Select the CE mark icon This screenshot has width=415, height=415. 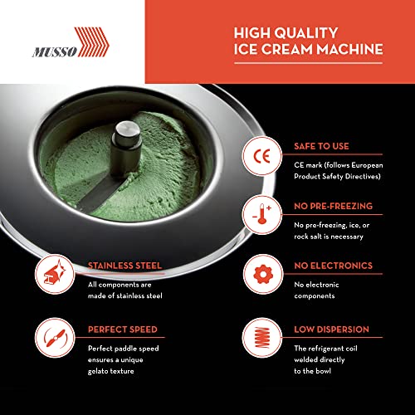[256, 156]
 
